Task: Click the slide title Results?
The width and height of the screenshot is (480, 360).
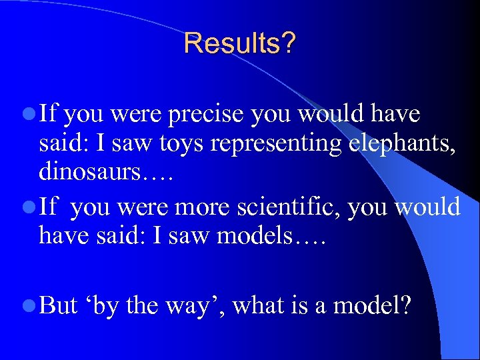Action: (240, 43)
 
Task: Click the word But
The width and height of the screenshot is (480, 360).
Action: (58, 305)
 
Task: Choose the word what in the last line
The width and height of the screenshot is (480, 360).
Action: (257, 305)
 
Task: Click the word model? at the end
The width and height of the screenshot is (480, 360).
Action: (372, 305)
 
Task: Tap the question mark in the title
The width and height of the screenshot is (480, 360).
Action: (289, 43)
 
